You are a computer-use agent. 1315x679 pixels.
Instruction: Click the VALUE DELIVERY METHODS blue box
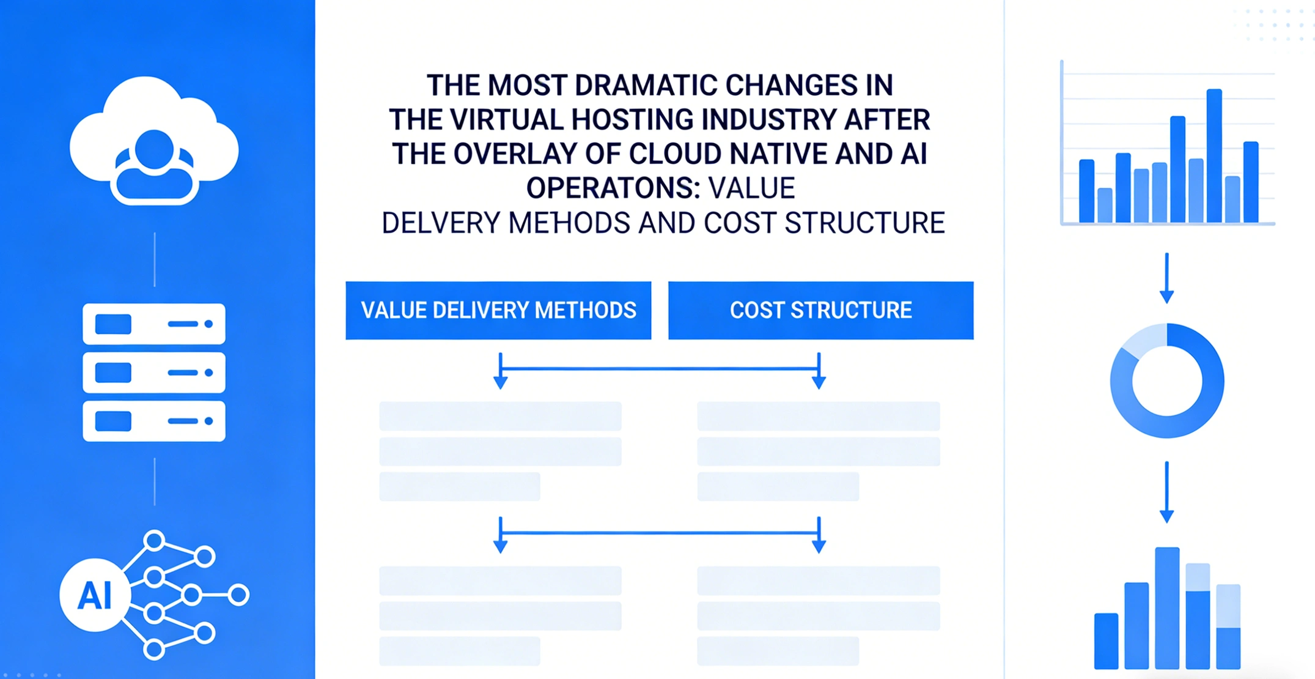click(498, 310)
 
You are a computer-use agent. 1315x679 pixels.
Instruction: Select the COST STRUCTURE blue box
click(820, 310)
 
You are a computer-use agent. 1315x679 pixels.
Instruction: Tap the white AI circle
click(95, 595)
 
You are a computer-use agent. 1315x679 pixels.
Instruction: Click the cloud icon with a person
click(154, 141)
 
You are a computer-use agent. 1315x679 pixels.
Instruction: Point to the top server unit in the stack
click(154, 324)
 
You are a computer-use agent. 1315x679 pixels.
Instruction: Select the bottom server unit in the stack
click(154, 421)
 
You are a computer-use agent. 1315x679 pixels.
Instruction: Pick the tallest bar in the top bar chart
click(1214, 155)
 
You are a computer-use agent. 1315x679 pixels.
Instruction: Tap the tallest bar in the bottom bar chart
click(1167, 607)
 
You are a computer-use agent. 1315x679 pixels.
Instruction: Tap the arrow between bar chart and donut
click(1166, 278)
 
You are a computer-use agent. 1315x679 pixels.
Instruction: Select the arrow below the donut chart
click(1166, 492)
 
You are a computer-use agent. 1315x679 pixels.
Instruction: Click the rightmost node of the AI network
click(239, 595)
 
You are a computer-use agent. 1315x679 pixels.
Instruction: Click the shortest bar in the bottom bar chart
click(1106, 640)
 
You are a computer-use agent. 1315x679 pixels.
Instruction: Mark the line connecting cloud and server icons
click(155, 259)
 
